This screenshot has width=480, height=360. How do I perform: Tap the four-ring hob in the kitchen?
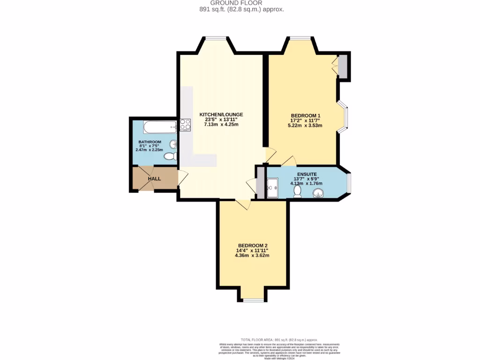[x=185, y=125]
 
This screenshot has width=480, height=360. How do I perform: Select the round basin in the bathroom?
[x=173, y=144]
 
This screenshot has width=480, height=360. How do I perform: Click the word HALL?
[x=154, y=179]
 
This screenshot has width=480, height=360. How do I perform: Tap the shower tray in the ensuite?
[x=273, y=189]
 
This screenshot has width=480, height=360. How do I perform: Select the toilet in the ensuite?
[x=297, y=191]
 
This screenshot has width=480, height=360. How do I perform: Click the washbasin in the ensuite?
[x=321, y=193]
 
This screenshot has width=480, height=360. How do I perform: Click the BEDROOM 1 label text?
[x=306, y=115]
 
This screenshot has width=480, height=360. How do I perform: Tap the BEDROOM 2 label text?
[x=253, y=246]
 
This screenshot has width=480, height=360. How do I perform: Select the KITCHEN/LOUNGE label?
[x=221, y=114]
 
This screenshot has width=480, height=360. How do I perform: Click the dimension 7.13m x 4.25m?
[x=221, y=125]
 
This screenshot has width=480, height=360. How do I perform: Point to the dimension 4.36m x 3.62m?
[x=253, y=255]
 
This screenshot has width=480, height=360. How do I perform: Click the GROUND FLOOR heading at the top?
[x=240, y=3]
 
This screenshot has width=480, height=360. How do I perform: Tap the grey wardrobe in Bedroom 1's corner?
[x=343, y=67]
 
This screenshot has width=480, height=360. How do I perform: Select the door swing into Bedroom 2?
[x=243, y=204]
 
